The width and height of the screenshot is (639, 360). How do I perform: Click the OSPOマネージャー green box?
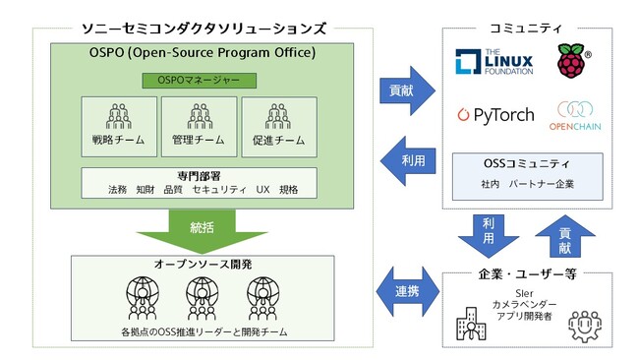pos(199,80)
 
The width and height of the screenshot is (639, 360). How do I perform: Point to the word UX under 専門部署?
pos(261,189)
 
